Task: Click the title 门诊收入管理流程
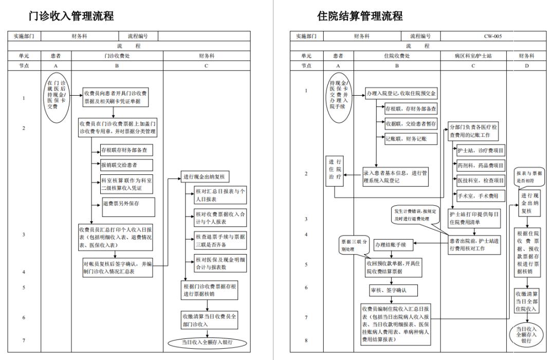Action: [71, 16]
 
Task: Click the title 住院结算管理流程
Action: [360, 16]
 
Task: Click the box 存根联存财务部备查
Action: [126, 151]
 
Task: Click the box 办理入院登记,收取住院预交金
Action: [401, 94]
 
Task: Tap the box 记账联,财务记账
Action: [411, 138]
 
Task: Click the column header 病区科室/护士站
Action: [473, 56]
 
